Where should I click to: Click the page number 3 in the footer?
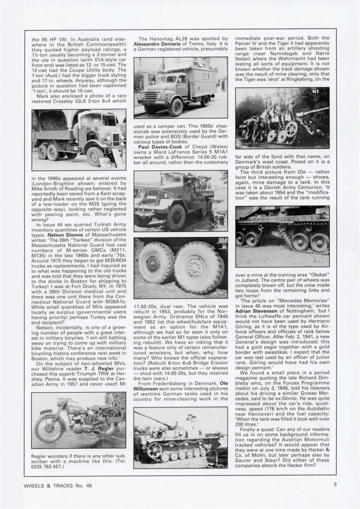click(335, 484)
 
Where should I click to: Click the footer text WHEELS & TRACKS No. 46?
click(55, 485)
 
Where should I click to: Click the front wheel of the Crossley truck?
click(95, 156)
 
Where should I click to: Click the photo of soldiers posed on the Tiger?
click(282, 117)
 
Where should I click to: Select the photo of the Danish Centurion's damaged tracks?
click(282, 236)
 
